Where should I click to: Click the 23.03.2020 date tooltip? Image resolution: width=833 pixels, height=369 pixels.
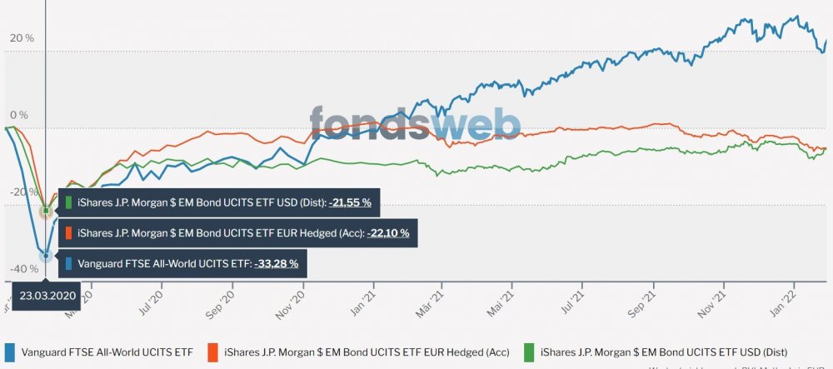click(47, 295)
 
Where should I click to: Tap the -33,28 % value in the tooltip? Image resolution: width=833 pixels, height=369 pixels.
click(277, 264)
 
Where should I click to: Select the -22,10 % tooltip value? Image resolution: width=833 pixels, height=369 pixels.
click(387, 233)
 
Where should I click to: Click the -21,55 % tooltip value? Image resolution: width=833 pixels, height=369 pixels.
click(350, 202)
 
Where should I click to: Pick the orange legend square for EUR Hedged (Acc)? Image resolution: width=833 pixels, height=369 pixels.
click(212, 352)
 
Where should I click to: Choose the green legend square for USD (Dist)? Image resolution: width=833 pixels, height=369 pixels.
click(529, 352)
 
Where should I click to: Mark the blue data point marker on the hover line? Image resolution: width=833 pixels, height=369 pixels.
click(46, 256)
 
